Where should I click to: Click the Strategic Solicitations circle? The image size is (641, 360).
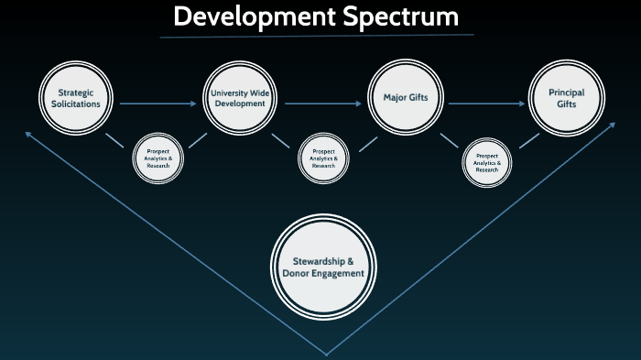[x=76, y=98]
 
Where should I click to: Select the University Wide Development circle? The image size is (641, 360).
[x=239, y=98]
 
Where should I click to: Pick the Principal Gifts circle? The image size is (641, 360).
[x=566, y=98]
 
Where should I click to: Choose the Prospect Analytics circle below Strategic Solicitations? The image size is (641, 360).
[x=159, y=158]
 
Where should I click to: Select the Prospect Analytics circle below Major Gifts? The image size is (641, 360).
[x=322, y=158]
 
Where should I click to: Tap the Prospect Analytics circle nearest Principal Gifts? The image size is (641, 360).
[x=486, y=162]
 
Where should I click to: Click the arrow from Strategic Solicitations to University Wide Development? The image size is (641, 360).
[x=158, y=104]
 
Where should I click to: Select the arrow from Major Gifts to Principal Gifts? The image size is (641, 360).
[x=485, y=104]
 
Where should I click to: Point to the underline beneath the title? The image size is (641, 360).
[x=317, y=36]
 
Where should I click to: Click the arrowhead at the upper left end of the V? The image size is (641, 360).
[x=28, y=135]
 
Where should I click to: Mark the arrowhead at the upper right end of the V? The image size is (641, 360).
[x=624, y=126]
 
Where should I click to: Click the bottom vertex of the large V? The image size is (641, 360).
[x=326, y=354]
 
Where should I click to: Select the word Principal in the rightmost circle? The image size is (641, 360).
[x=566, y=93]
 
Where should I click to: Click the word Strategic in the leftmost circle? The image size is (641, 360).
[x=76, y=93]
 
